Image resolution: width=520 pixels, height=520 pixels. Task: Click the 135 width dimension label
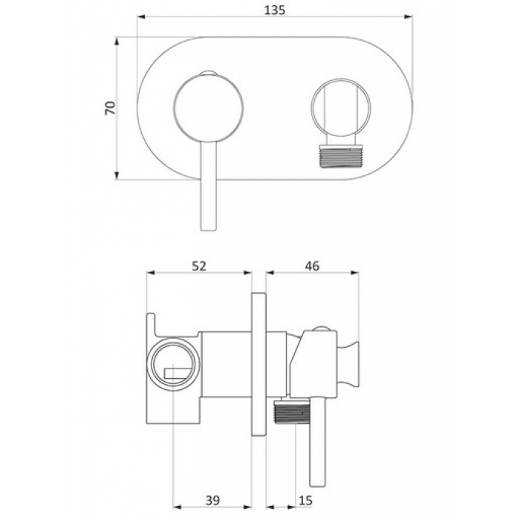(x=275, y=10)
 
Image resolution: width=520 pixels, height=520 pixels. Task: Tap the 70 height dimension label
(x=111, y=108)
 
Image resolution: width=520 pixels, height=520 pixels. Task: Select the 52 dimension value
(x=199, y=266)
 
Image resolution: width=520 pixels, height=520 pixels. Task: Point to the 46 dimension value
(x=312, y=266)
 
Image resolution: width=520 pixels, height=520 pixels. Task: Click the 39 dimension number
(x=212, y=500)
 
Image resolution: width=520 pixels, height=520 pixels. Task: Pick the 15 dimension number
(x=305, y=500)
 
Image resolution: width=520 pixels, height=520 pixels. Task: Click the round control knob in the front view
(x=209, y=108)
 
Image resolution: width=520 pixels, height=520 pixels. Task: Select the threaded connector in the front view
(x=341, y=156)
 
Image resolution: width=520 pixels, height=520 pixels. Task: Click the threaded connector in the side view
(x=292, y=412)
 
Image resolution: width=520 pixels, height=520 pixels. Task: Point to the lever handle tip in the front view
(x=209, y=229)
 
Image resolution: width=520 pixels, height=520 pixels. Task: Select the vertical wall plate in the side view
(x=259, y=364)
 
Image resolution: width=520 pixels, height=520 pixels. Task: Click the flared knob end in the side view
(x=348, y=364)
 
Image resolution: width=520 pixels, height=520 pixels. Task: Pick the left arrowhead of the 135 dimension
(x=141, y=17)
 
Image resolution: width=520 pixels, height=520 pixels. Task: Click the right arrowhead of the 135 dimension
(x=409, y=17)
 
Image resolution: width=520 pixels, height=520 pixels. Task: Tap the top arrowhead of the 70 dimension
(x=117, y=42)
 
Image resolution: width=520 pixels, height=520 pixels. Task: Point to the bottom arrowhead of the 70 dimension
(x=117, y=175)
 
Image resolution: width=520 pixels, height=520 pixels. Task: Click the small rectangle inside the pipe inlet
(x=178, y=371)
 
